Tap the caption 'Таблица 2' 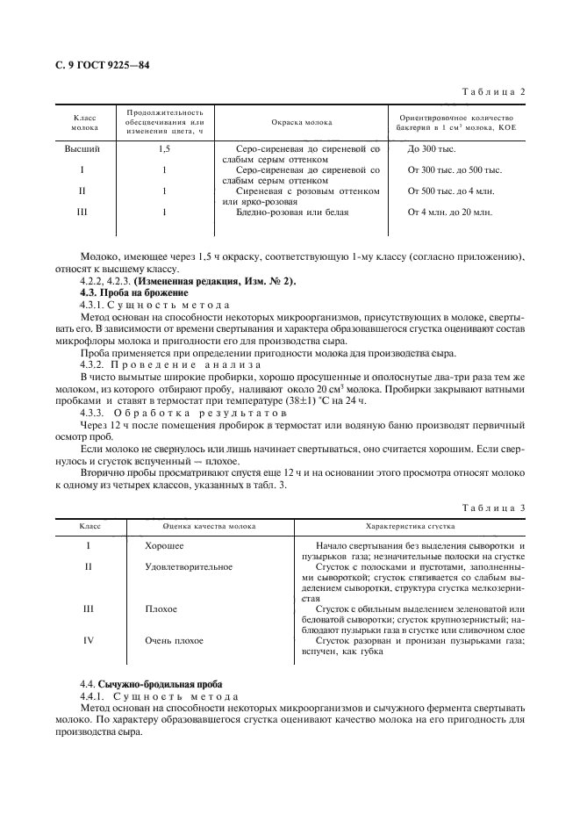point(498,91)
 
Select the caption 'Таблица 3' point(498,508)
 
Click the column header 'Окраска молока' point(302,122)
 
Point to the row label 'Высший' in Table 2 point(82,149)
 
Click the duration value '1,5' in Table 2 point(164,149)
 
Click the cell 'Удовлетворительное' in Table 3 point(189,566)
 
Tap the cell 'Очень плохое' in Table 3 point(175,640)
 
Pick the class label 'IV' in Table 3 point(88,640)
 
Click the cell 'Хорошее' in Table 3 point(164,546)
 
